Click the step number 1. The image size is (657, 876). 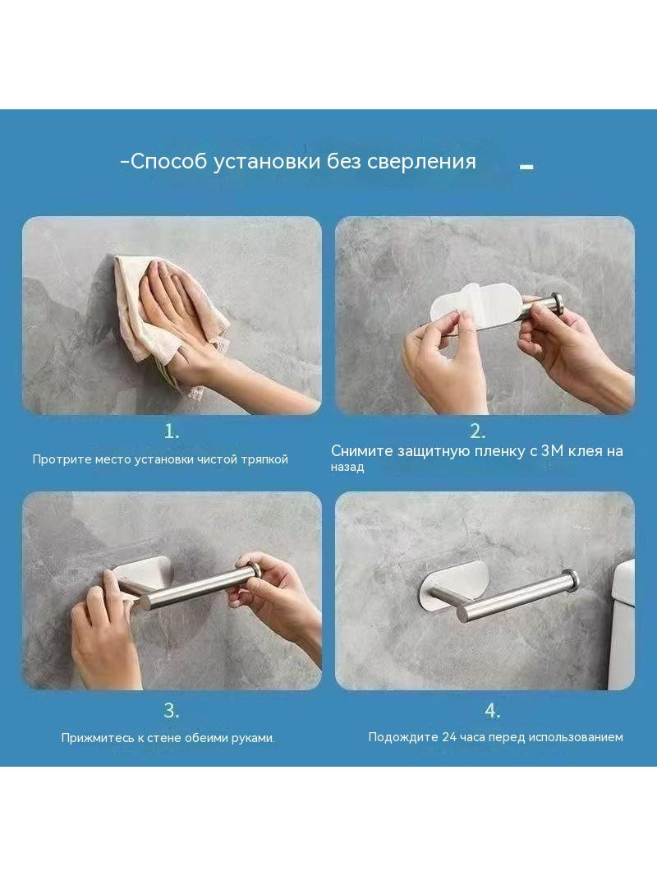point(172,431)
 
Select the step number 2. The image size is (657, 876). point(477,431)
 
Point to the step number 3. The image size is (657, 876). point(172,711)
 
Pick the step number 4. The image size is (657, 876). point(492,711)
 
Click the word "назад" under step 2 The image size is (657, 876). point(347,467)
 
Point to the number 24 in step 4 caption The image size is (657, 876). point(449,737)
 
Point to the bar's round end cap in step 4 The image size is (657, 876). point(570,579)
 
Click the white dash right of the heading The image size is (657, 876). point(526,166)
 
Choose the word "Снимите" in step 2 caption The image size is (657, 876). point(361,451)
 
